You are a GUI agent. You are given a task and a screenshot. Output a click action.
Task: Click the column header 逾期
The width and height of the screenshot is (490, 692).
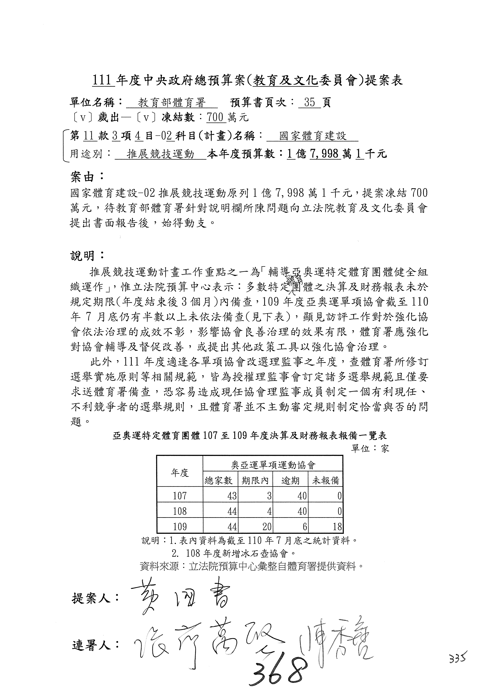point(290,480)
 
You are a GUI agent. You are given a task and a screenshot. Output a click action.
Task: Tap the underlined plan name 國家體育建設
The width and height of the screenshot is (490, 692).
point(313,136)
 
